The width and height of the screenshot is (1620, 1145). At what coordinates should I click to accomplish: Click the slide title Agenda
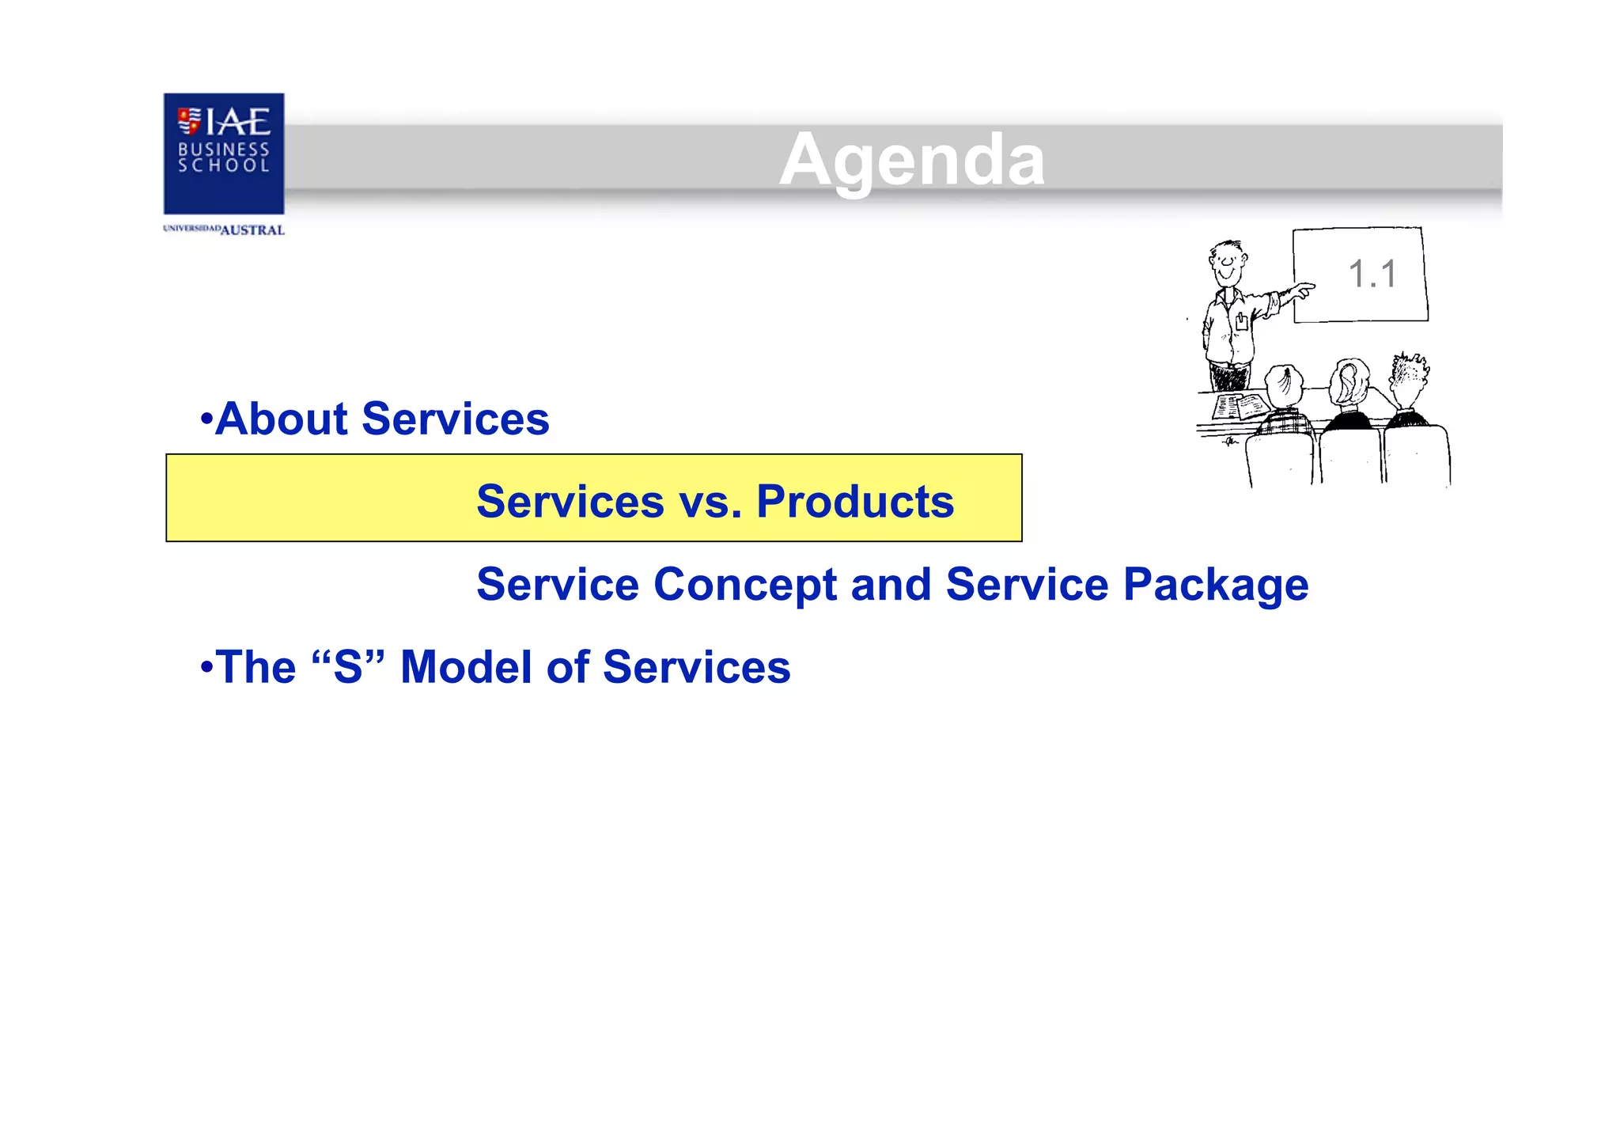click(x=911, y=161)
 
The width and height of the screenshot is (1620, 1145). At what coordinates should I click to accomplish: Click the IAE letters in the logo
click(x=237, y=123)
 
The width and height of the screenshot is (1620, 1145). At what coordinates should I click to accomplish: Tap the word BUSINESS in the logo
click(x=224, y=149)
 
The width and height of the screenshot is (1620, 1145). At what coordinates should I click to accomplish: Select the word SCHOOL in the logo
click(x=224, y=165)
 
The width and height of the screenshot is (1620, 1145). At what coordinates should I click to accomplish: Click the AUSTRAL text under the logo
click(x=252, y=230)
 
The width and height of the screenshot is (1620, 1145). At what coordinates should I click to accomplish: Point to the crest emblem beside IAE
click(x=189, y=121)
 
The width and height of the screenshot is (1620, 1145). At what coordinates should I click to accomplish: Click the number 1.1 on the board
click(x=1372, y=275)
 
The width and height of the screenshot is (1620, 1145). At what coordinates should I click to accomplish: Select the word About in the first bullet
click(x=281, y=419)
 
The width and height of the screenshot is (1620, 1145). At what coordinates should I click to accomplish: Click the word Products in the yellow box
click(x=855, y=502)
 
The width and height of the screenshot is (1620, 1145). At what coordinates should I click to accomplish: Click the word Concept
click(x=744, y=585)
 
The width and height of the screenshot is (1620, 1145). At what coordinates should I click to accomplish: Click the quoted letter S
click(x=348, y=667)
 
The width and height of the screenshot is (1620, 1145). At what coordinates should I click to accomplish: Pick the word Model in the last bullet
click(x=466, y=667)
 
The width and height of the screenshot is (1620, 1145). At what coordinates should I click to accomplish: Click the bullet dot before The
click(x=206, y=667)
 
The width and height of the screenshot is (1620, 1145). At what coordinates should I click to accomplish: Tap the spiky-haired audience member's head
click(x=1408, y=376)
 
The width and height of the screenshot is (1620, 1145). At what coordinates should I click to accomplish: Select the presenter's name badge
click(x=1241, y=320)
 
